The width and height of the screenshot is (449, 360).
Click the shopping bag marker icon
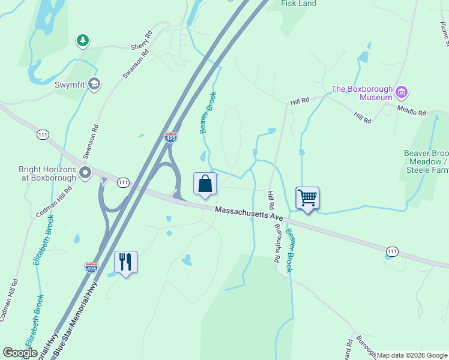(205, 184)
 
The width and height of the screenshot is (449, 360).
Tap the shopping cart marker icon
(307, 197)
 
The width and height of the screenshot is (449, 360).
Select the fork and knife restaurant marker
(125, 262)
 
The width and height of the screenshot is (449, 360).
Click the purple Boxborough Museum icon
(402, 93)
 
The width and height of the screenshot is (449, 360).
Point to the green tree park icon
(82, 41)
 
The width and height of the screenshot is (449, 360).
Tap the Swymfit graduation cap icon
(94, 84)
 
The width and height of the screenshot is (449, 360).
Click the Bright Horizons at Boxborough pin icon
(85, 173)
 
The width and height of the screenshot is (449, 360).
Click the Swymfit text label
(70, 85)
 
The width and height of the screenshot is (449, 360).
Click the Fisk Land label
(299, 4)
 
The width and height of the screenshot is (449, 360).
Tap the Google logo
(20, 353)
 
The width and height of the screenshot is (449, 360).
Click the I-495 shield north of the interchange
(171, 137)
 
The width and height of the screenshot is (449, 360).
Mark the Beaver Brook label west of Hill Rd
(208, 112)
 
